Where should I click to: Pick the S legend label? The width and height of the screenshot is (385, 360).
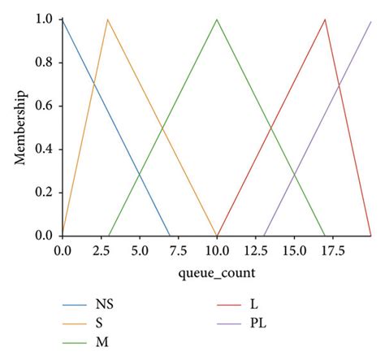[x=99, y=323]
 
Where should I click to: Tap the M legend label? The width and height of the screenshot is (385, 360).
[x=102, y=341]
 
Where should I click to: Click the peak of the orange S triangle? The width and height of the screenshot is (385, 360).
[x=108, y=20]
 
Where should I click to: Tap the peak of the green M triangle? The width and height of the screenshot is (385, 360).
[x=217, y=20]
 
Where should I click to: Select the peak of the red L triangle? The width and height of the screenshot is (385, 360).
[x=325, y=20]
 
